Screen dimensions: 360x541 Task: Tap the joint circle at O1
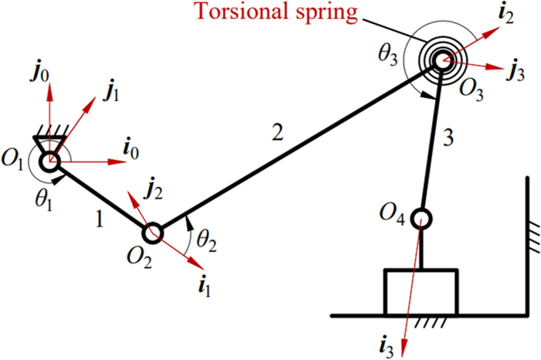click(x=49, y=162)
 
